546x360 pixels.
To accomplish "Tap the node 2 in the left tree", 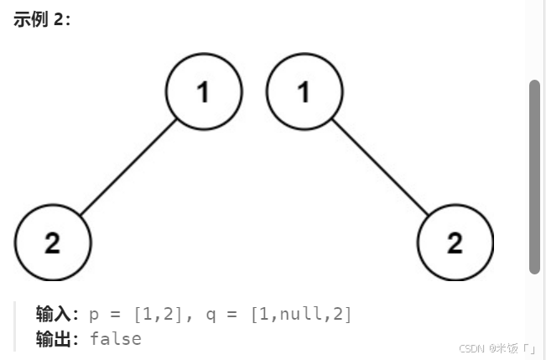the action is click(52, 243).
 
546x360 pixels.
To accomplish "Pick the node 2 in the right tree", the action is click(455, 243).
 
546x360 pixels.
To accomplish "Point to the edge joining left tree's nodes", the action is click(128, 168).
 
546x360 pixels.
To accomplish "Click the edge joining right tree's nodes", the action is click(379, 168).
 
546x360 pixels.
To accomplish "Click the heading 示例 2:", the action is click(42, 19).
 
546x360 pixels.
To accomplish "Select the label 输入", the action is click(56, 315).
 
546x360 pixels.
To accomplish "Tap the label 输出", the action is click(56, 339).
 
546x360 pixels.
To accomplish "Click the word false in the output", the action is click(115, 339).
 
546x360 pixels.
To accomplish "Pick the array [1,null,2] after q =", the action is click(301, 315).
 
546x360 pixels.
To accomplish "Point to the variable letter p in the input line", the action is click(93, 316).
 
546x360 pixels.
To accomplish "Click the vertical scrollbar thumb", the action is click(534, 176).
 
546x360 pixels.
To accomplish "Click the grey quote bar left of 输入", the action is click(15, 326).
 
